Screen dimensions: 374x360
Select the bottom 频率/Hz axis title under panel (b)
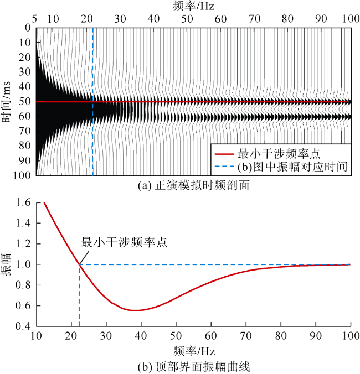[x=193, y=351]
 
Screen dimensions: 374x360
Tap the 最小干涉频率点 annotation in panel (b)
[x=124, y=242]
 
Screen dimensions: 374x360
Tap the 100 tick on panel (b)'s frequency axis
[x=350, y=337]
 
